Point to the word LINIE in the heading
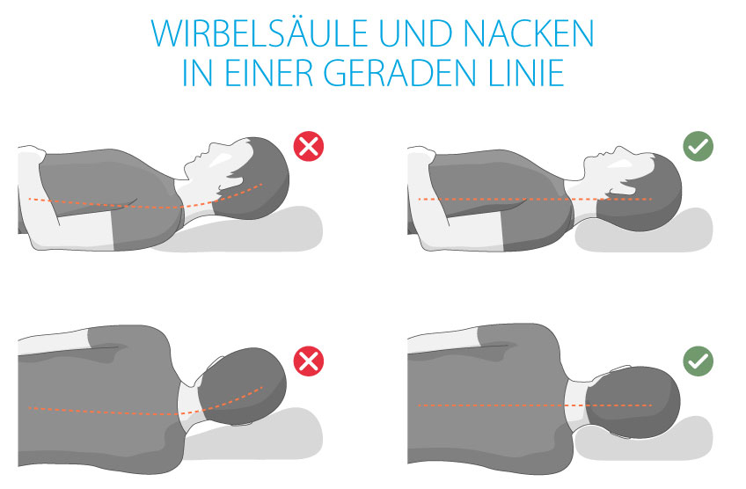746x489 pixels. tap(518, 72)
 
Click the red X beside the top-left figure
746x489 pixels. tap(308, 146)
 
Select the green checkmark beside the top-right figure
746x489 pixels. tap(698, 146)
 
